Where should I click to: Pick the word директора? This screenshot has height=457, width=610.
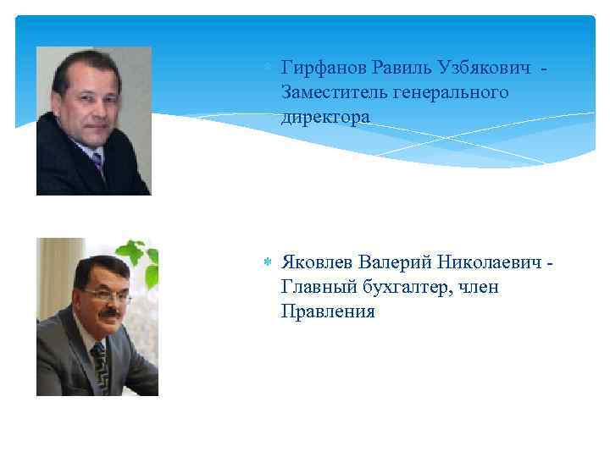click(325, 117)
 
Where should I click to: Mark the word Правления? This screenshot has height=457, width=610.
click(327, 312)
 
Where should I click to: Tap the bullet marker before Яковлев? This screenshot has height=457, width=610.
click(268, 262)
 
